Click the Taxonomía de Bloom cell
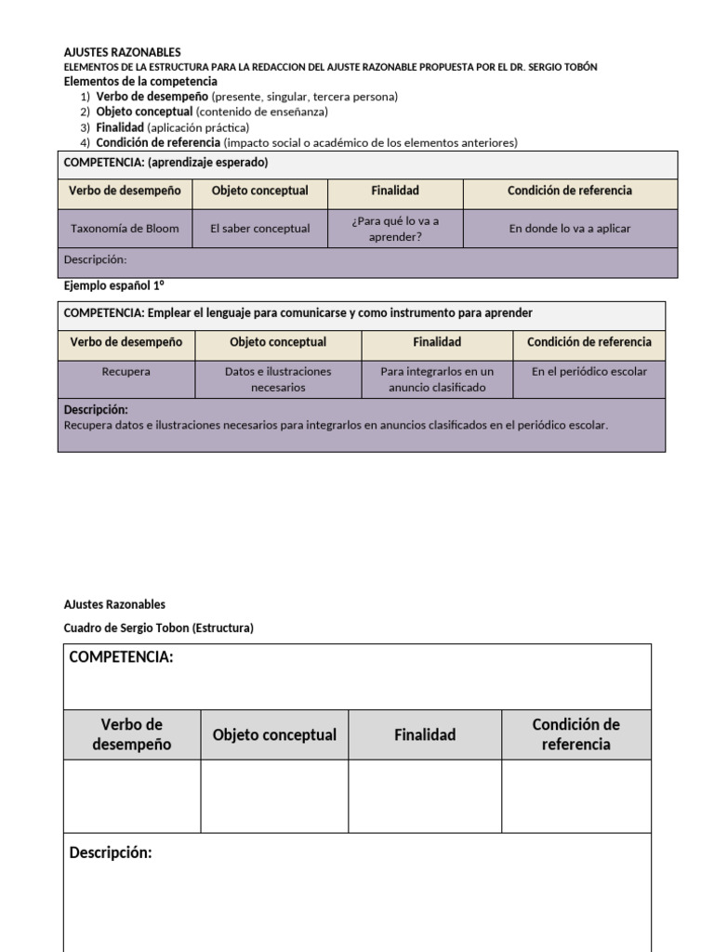(126, 228)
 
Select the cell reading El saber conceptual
(259, 228)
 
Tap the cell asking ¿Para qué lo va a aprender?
(395, 228)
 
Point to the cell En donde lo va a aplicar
(570, 228)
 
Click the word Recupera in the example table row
(126, 371)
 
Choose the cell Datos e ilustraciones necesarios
(278, 378)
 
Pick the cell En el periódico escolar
(589, 371)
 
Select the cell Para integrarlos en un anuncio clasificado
(437, 378)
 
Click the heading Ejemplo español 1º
(114, 284)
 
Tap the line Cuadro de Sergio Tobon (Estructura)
(158, 628)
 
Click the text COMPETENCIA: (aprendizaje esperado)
(165, 162)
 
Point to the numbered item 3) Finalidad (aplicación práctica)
(173, 127)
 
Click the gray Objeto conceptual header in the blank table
(274, 734)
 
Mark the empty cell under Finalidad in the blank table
(425, 796)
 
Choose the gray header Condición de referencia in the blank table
(575, 734)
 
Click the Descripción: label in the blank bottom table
(111, 853)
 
